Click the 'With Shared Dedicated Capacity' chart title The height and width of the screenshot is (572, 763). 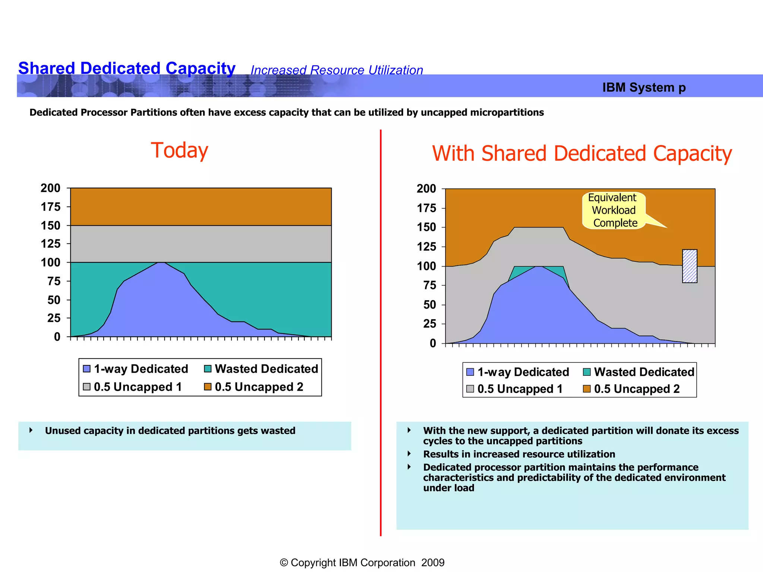pos(582,153)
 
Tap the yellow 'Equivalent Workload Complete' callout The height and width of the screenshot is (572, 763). pos(614,210)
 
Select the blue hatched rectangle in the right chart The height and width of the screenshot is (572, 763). pos(689,266)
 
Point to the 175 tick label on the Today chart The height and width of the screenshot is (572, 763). pos(50,207)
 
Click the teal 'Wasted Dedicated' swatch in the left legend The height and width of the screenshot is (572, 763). pos(208,369)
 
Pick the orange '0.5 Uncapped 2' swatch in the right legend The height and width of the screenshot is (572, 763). pos(586,389)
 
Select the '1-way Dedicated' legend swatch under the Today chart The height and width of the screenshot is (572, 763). pos(87,369)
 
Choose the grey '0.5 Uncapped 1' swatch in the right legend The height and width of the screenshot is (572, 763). pos(470,389)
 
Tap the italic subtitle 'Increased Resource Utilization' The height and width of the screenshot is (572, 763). pos(336,70)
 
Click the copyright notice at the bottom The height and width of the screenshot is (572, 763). pos(362,562)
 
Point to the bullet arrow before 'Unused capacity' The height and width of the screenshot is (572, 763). pos(31,430)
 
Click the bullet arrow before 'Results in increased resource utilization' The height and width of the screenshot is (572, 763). pos(409,454)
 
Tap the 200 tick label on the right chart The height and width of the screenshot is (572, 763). pos(426,188)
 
